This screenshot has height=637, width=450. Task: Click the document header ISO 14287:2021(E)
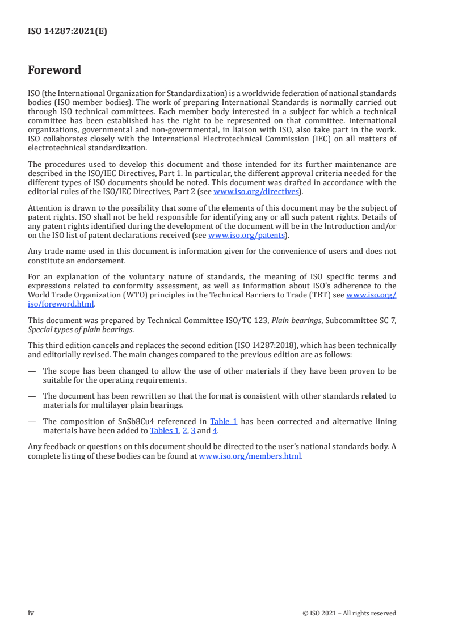point(67,32)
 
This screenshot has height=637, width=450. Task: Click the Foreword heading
point(54,70)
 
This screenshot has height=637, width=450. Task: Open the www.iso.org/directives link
point(256,192)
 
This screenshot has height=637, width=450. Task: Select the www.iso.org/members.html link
point(250,456)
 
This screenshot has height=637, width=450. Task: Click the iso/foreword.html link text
point(61,304)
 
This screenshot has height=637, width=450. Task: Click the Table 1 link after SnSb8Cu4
point(224,421)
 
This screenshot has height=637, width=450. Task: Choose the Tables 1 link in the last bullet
point(164,430)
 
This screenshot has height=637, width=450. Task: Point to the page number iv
point(31,613)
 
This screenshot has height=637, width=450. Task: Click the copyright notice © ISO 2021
point(349,613)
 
